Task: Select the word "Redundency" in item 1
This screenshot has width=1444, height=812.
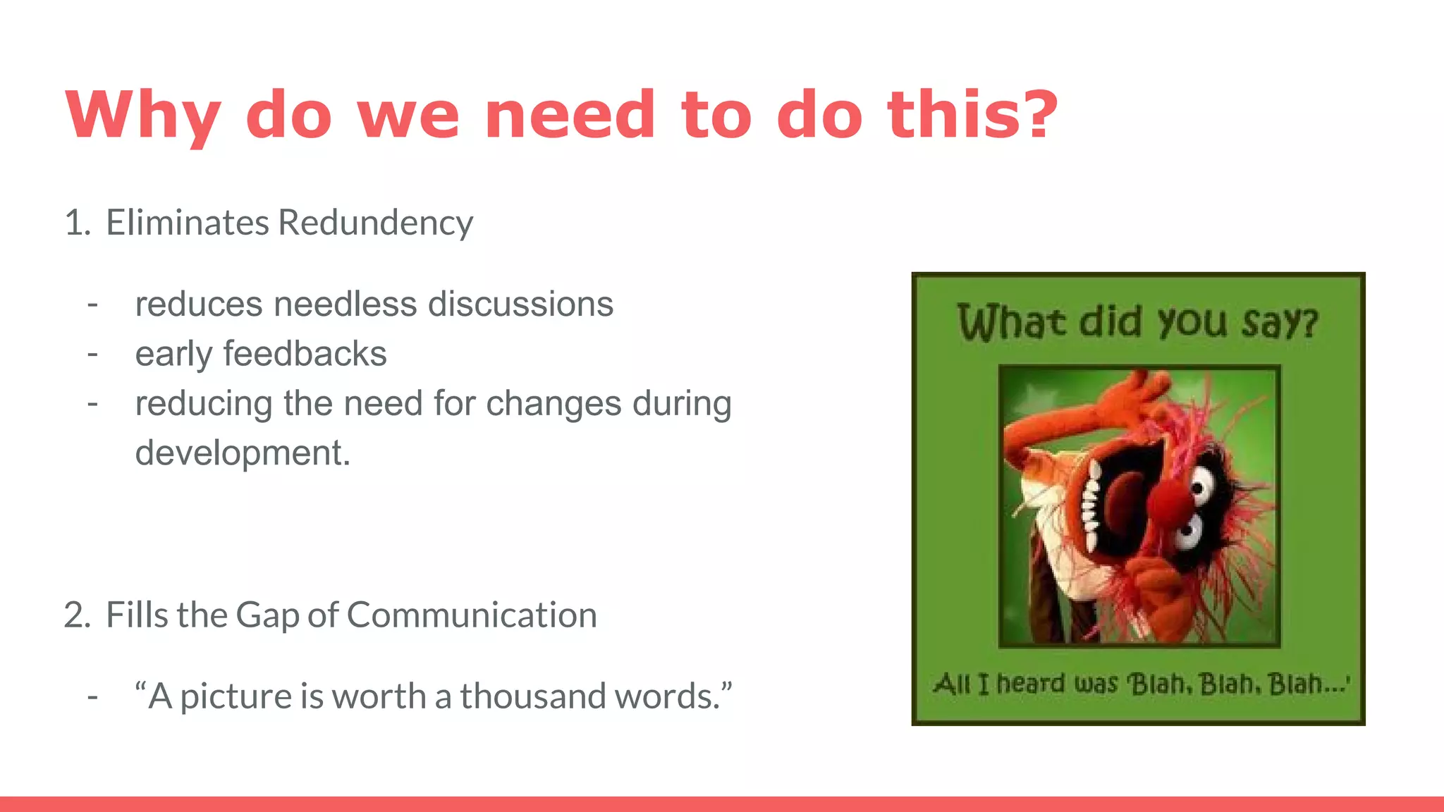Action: tap(375, 223)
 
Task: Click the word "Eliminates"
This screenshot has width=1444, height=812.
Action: tap(188, 223)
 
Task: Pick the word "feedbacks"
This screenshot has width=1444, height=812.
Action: tap(305, 354)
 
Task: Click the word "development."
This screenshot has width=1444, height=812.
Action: tap(243, 453)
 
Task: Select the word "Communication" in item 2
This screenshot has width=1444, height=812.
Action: tap(471, 615)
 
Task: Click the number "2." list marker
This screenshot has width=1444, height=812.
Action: tap(77, 615)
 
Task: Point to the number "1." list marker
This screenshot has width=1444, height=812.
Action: tap(77, 223)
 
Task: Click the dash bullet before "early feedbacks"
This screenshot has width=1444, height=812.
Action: tap(92, 354)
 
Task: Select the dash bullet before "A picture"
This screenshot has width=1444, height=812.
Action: tap(92, 696)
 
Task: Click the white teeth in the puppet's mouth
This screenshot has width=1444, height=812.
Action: tap(1091, 504)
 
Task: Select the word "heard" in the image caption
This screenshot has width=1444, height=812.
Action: tap(1030, 684)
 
